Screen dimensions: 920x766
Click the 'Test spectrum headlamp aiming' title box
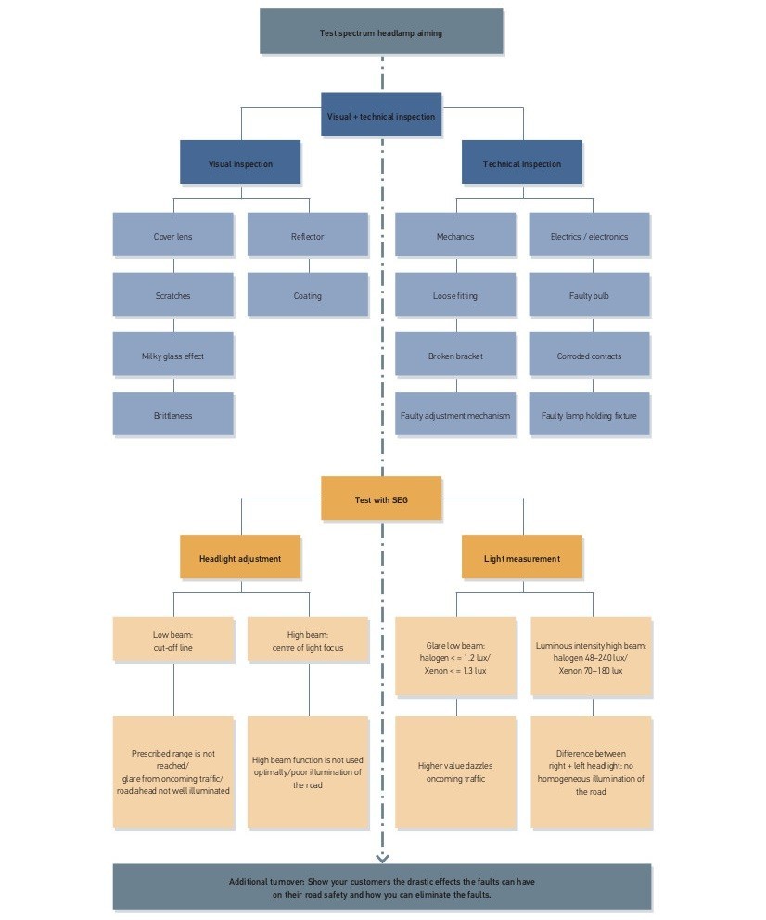click(x=381, y=32)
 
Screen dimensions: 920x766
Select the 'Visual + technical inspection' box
click(x=381, y=116)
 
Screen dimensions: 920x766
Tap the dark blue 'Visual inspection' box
click(x=240, y=163)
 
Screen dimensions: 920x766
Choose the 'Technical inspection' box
click(x=522, y=163)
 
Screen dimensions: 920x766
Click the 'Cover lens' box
click(x=173, y=236)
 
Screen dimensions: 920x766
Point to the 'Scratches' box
click(x=173, y=295)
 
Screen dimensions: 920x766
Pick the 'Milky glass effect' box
click(x=173, y=356)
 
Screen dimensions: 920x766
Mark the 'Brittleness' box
click(x=173, y=415)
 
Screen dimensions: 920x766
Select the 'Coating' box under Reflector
click(x=308, y=295)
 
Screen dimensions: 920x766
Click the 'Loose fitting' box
click(x=455, y=295)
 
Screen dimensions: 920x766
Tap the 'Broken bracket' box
click(x=455, y=356)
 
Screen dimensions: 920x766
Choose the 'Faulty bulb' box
click(x=590, y=295)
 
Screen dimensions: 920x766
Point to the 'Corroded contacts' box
click(x=590, y=356)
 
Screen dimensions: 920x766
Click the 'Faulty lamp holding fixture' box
click(x=590, y=415)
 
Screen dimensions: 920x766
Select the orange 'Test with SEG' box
click(x=381, y=499)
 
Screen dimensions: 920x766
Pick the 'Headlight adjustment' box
click(x=240, y=558)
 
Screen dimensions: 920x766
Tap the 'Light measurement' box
click(x=522, y=558)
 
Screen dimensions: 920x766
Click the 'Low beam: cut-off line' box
click(x=173, y=641)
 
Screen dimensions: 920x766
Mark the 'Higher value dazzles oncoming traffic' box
click(x=455, y=771)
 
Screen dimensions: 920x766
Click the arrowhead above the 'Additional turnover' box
click(x=382, y=857)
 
